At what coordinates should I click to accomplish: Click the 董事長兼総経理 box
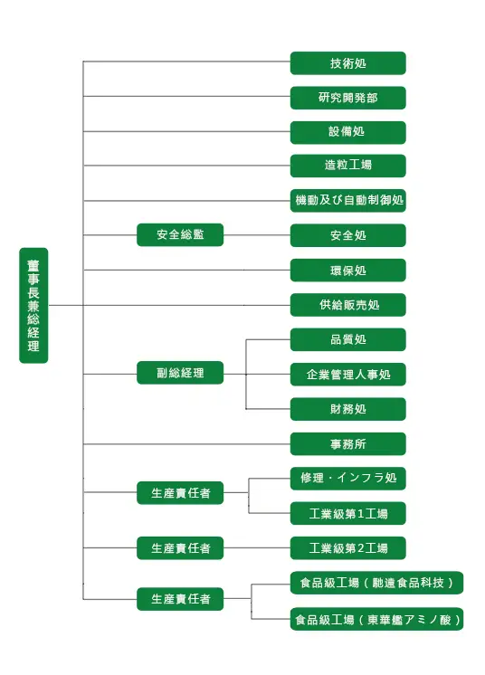[x=33, y=305]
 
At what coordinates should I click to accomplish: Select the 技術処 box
[x=347, y=63]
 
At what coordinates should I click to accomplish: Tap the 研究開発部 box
[x=347, y=98]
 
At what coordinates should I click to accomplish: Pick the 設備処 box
[x=347, y=132]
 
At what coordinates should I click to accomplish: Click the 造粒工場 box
[x=347, y=166]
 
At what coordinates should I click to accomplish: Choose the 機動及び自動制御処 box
[x=347, y=200]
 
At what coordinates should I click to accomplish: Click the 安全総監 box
[x=180, y=234]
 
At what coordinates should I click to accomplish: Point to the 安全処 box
[x=347, y=235]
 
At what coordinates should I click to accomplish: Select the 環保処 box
[x=347, y=270]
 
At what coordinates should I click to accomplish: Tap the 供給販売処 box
[x=347, y=305]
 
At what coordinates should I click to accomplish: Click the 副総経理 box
[x=180, y=373]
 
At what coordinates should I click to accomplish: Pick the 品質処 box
[x=347, y=339]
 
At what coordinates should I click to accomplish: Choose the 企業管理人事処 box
[x=347, y=374]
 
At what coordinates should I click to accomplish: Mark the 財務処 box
[x=347, y=409]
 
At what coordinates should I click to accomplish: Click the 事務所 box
[x=347, y=444]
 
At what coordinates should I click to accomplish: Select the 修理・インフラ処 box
[x=347, y=479]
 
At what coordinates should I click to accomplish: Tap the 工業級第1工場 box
[x=347, y=513]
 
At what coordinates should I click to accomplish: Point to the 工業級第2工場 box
[x=347, y=548]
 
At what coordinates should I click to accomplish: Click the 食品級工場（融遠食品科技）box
[x=376, y=583]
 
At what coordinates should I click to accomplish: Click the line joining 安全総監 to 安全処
[x=257, y=235]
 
